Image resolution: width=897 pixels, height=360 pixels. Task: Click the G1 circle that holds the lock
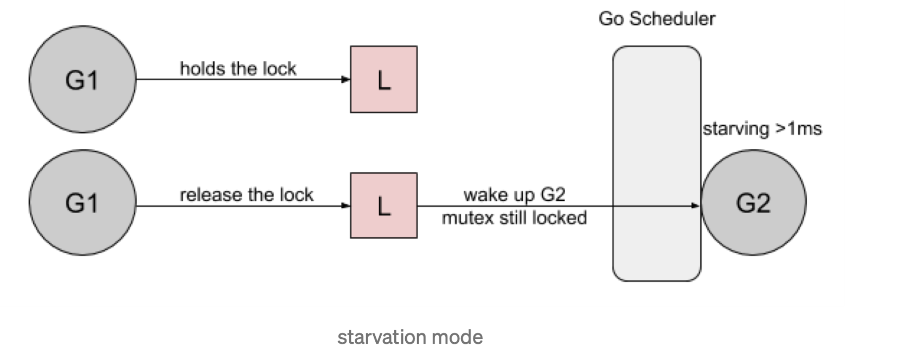[82, 79]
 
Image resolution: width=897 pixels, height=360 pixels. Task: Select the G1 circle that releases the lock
[82, 202]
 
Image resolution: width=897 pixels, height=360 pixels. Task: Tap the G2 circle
[753, 202]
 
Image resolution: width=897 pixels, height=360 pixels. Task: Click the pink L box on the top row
[383, 79]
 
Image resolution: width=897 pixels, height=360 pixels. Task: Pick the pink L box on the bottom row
[383, 205]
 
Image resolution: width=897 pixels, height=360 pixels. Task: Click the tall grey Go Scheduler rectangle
[656, 163]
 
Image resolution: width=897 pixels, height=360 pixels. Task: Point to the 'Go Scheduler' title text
[656, 18]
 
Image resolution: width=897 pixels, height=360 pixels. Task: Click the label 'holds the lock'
[238, 68]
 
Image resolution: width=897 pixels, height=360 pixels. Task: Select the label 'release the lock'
[246, 195]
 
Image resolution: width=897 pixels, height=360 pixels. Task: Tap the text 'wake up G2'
[514, 194]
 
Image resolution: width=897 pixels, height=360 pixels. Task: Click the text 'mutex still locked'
[514, 218]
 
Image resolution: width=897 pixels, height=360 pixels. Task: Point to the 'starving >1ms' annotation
[762, 128]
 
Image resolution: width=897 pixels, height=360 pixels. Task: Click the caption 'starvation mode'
[410, 337]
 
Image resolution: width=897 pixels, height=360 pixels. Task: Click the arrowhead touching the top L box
[346, 79]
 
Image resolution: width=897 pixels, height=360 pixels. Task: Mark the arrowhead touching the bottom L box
[346, 205]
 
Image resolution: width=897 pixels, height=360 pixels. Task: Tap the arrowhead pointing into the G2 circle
[696, 205]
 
